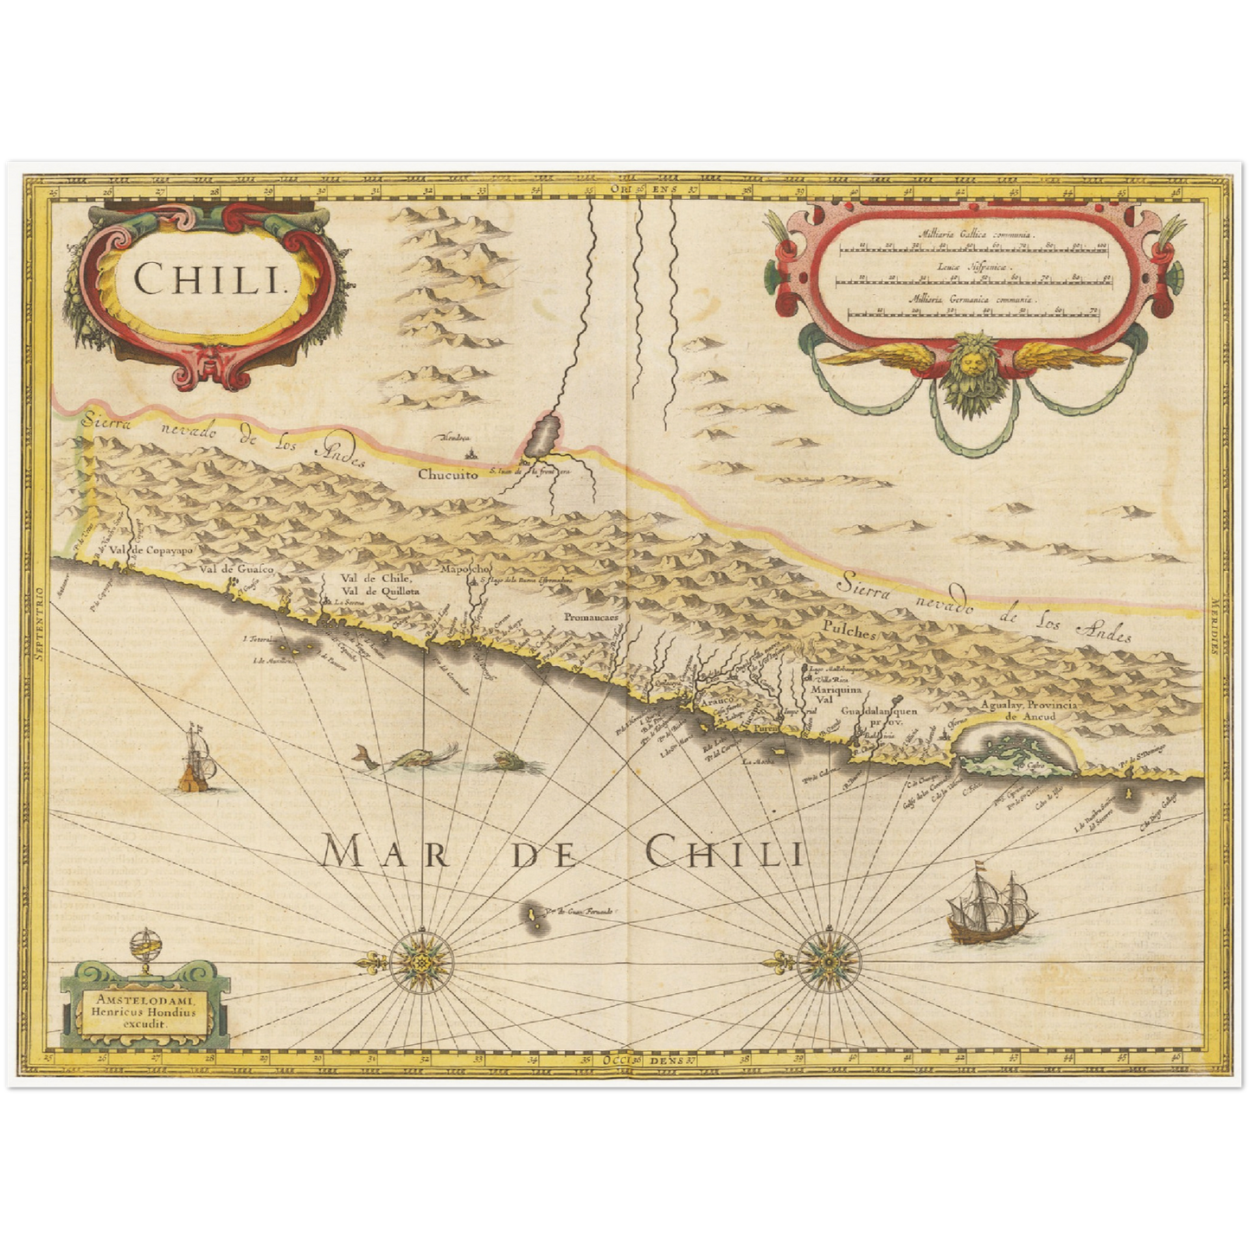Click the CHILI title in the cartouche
(210, 278)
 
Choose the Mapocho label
(465, 568)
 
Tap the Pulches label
(850, 632)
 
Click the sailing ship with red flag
(986, 907)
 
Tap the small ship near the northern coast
(196, 760)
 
